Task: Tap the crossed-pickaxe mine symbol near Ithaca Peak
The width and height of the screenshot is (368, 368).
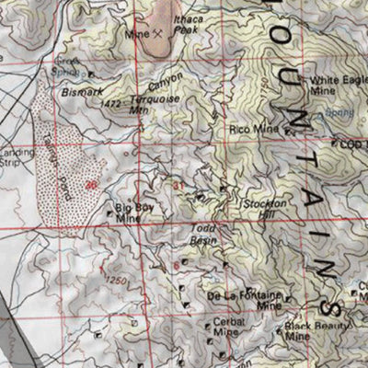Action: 158,33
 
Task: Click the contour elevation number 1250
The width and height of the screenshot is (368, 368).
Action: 114,280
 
